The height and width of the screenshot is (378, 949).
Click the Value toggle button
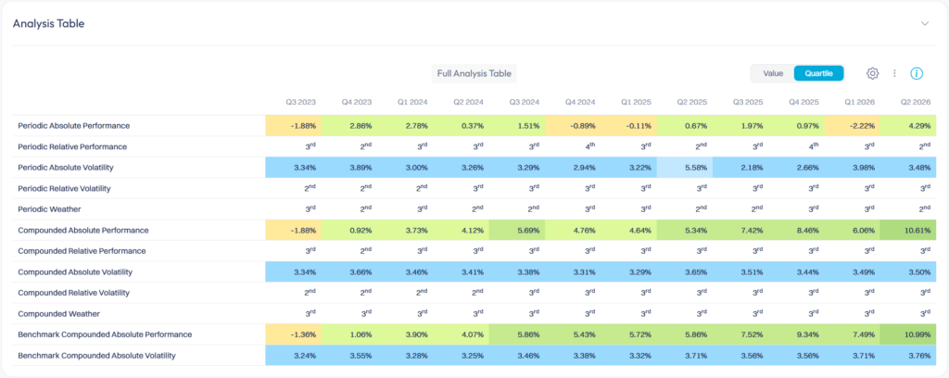pos(773,73)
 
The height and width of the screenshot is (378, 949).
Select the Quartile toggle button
pos(819,73)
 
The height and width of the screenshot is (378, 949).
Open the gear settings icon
pos(872,73)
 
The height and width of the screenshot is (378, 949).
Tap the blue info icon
pos(917,73)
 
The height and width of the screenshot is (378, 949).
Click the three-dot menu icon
pos(894,73)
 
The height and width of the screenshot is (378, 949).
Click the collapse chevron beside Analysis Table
pos(925,23)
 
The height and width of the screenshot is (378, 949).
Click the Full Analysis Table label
pos(474,74)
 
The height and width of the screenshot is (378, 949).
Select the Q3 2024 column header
pos(525,102)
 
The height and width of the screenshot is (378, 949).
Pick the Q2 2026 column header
pos(916,102)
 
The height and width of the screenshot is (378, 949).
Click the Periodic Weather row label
pos(50,209)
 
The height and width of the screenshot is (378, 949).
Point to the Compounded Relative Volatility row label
pos(74,293)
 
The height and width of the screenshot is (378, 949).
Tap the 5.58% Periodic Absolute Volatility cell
pos(685,168)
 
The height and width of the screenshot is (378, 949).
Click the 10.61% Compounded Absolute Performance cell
pos(908,231)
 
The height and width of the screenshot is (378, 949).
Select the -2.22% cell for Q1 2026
pos(853,126)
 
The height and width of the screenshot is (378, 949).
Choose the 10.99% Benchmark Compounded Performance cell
pos(908,334)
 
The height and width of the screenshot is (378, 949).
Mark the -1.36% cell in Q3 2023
pos(294,334)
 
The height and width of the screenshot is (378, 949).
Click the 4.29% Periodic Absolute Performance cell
pos(908,126)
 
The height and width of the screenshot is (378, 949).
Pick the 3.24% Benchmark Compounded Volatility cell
pos(294,356)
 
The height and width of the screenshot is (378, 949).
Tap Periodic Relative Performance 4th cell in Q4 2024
pos(588,146)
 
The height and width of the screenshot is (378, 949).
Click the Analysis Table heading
pos(48,23)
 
